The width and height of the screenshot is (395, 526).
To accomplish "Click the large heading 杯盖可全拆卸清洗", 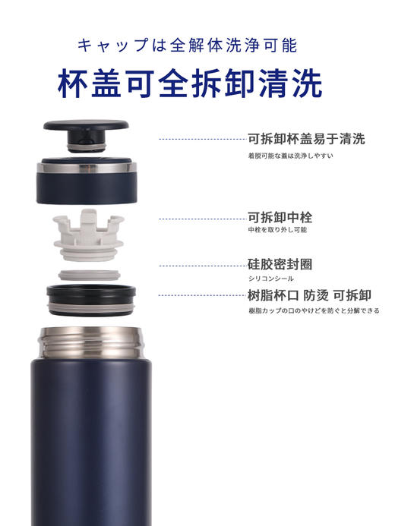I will [x=189, y=85].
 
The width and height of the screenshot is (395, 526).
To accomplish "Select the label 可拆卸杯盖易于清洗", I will [x=306, y=139].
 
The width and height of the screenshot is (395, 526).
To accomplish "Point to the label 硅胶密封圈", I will [x=280, y=264].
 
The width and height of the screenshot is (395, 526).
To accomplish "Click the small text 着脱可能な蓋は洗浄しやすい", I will [x=290, y=156].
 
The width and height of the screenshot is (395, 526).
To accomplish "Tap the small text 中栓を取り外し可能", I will [x=277, y=229].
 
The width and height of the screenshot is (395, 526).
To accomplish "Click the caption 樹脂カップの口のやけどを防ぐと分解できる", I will [x=313, y=310].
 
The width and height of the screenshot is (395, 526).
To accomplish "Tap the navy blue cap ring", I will [x=85, y=181].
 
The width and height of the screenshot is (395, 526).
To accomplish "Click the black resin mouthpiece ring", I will [x=90, y=299].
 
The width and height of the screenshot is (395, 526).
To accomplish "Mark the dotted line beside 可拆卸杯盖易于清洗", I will [x=201, y=140].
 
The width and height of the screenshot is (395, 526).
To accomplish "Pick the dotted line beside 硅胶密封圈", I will [x=201, y=266].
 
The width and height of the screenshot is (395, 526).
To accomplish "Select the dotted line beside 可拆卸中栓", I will [x=201, y=219].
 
